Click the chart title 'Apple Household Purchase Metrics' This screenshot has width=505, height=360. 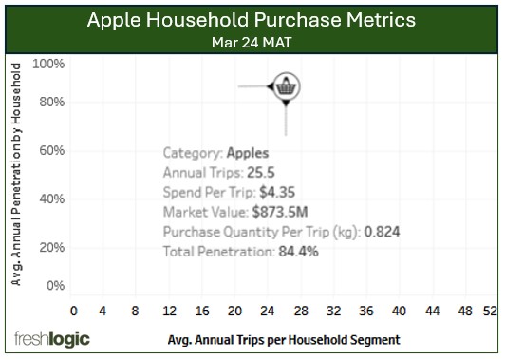[252, 20]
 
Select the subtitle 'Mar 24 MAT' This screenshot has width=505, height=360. [252, 42]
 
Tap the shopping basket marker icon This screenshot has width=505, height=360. [287, 87]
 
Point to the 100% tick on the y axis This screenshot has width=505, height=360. [48, 64]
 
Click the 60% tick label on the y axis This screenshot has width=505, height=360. [51, 150]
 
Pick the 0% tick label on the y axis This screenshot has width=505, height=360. [55, 285]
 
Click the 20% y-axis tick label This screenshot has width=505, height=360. [51, 247]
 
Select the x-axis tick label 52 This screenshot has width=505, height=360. [490, 311]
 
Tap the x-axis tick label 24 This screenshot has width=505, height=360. [268, 311]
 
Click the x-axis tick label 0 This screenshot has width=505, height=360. [74, 311]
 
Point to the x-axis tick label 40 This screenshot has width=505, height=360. [398, 311]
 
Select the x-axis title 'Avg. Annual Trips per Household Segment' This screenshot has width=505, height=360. [283, 339]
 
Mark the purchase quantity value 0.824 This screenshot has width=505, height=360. [383, 232]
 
